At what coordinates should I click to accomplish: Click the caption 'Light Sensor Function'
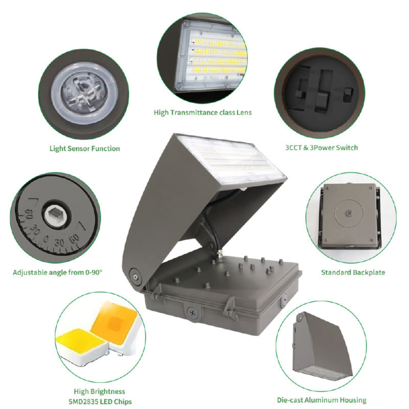click(85, 149)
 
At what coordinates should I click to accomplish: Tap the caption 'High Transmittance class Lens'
click(203, 112)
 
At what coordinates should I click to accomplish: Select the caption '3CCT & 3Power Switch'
click(322, 148)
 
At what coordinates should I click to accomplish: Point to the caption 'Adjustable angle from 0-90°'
click(58, 272)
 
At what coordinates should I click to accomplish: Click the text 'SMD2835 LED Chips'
click(96, 401)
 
